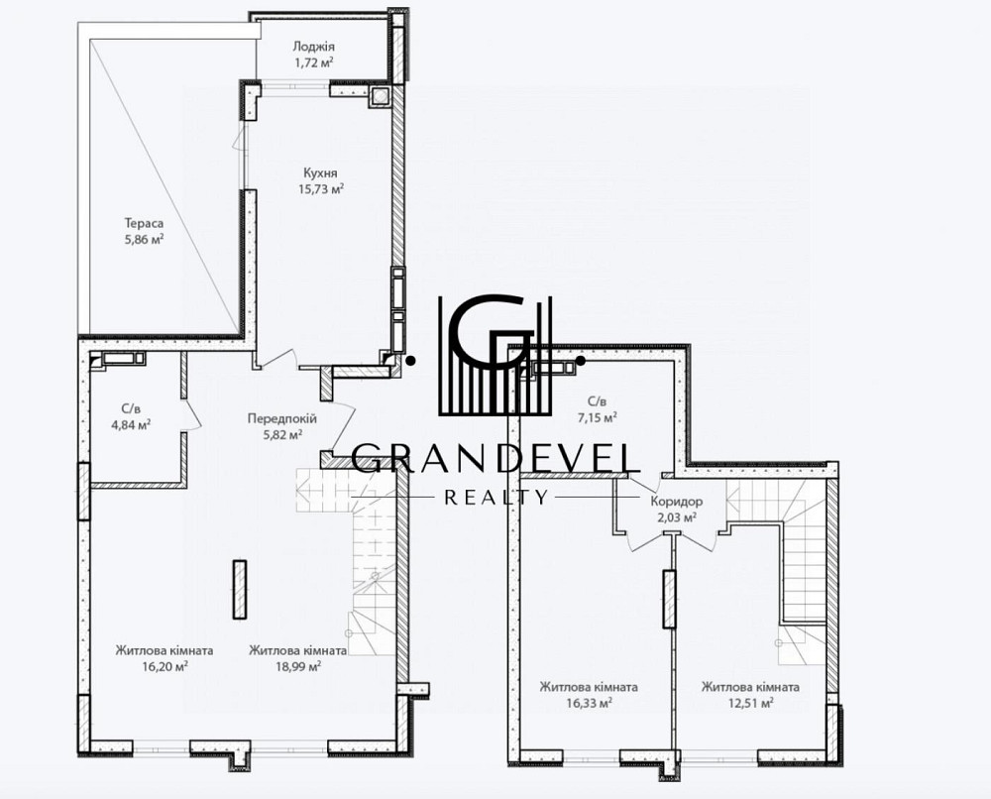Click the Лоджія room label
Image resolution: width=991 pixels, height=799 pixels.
pyautogui.click(x=313, y=47)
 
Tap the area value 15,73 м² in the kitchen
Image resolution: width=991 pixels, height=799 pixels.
pyautogui.click(x=321, y=188)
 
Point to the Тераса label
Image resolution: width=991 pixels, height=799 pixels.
pyautogui.click(x=144, y=223)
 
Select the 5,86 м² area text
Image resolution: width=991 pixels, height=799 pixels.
pyautogui.click(x=144, y=239)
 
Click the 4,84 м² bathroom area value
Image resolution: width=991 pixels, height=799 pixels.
pyautogui.click(x=131, y=425)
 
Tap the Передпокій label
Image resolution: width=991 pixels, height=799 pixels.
pyautogui.click(x=281, y=418)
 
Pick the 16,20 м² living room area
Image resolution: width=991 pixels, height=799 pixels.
pyautogui.click(x=165, y=665)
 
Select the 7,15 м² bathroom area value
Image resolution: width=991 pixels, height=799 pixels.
pyautogui.click(x=598, y=417)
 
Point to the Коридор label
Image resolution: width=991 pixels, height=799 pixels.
pyautogui.click(x=676, y=502)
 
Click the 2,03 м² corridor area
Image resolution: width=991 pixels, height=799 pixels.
pyautogui.click(x=676, y=517)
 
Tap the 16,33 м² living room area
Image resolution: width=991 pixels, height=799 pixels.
pyautogui.click(x=589, y=702)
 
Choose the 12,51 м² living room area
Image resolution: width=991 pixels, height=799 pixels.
pyautogui.click(x=750, y=702)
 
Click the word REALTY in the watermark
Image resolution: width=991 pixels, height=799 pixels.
pyautogui.click(x=496, y=498)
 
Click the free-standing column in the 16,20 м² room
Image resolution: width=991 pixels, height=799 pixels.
pyautogui.click(x=239, y=589)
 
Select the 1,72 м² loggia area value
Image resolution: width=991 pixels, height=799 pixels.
pyautogui.click(x=313, y=61)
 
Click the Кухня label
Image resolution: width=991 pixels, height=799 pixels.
pyautogui.click(x=320, y=172)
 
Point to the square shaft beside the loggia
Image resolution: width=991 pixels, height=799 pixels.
pyautogui.click(x=381, y=96)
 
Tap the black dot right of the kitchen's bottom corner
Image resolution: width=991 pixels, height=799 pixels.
pyautogui.click(x=411, y=360)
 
